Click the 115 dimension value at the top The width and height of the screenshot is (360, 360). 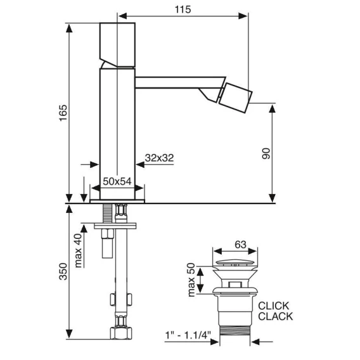(183, 10)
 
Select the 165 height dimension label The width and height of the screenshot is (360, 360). (63, 113)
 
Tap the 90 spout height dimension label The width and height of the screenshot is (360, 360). (266, 153)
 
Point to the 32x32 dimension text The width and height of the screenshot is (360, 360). (159, 158)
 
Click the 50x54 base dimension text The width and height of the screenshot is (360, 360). (117, 181)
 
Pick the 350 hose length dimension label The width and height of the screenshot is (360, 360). (63, 271)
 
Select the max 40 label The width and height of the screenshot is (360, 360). (78, 250)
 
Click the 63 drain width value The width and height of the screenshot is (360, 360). (240, 245)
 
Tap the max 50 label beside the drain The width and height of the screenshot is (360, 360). (191, 280)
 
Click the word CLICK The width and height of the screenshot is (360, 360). (273, 306)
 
